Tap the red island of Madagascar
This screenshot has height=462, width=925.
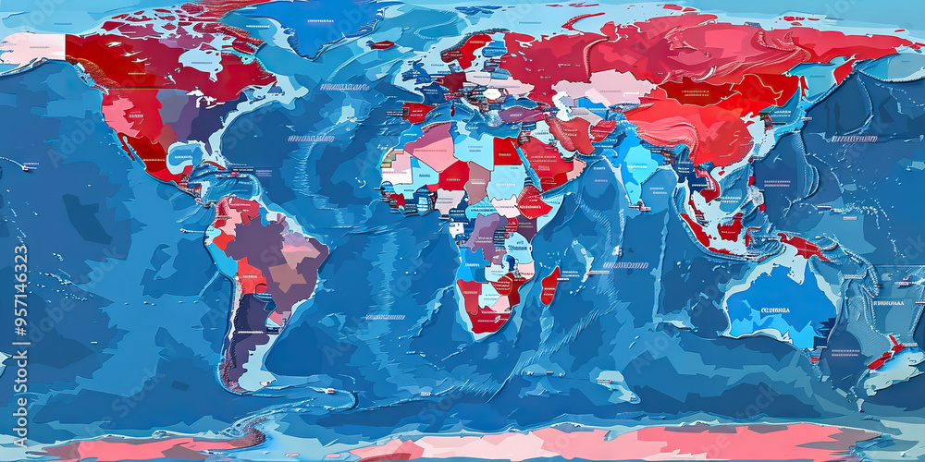click(549, 286)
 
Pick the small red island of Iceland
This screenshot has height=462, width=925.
click(381, 43)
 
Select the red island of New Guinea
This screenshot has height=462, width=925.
click(801, 246)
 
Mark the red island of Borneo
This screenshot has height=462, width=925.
click(730, 225)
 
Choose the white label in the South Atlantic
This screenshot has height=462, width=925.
click(385, 317)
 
